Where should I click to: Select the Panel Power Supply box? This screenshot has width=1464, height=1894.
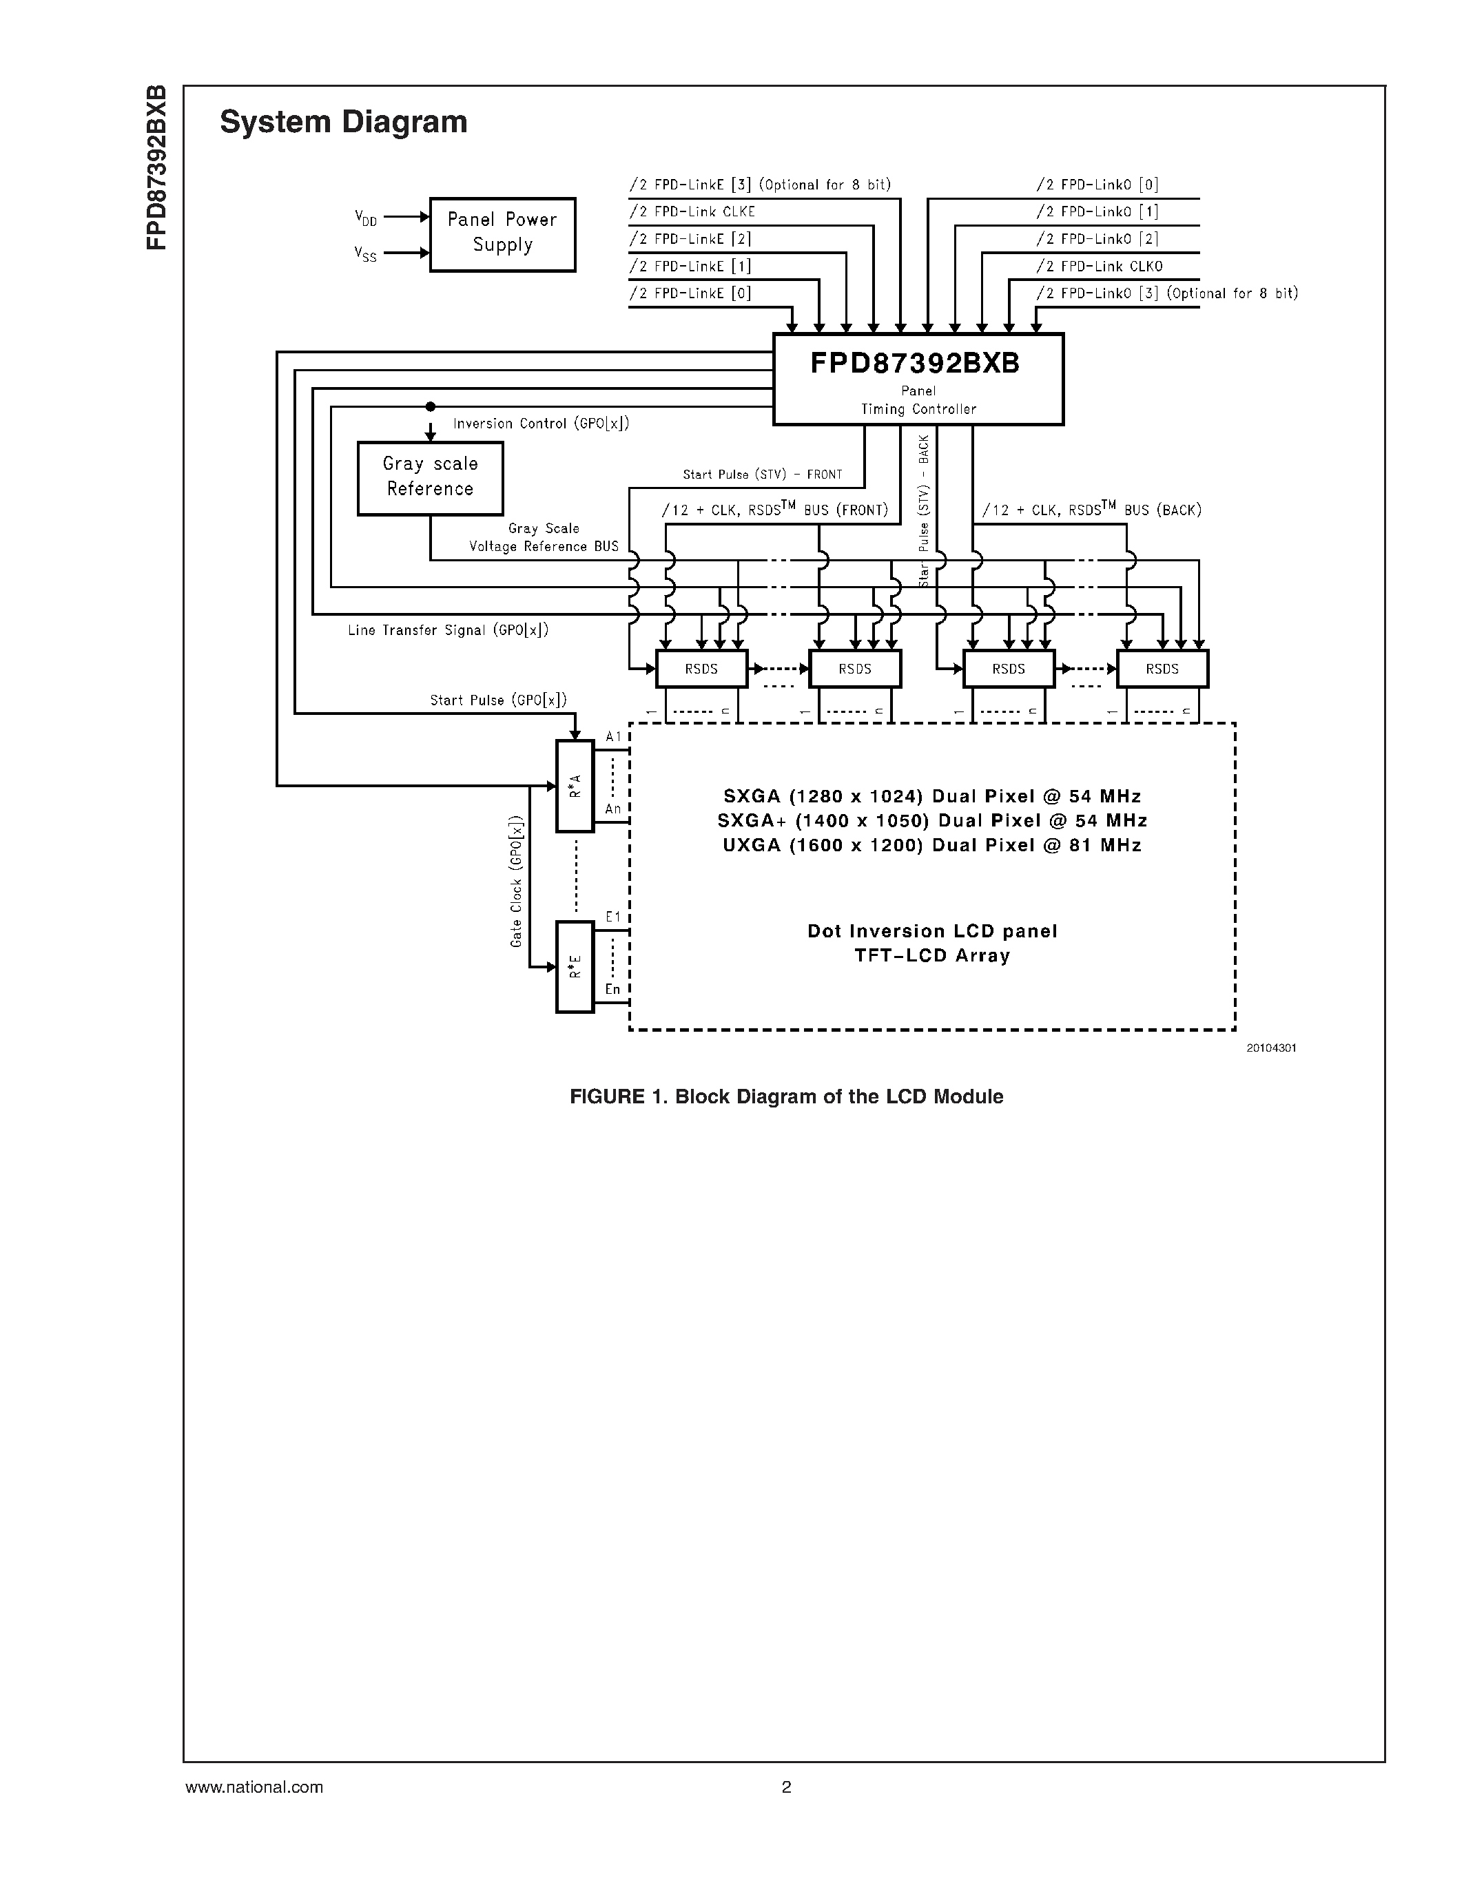[x=502, y=233]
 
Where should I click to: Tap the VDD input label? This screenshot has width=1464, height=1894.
[x=366, y=218]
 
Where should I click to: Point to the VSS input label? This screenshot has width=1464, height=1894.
[x=365, y=253]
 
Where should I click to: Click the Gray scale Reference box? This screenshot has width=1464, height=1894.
[x=430, y=478]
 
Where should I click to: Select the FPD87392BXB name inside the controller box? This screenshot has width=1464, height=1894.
[x=915, y=364]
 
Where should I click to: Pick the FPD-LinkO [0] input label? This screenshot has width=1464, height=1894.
[x=1097, y=185]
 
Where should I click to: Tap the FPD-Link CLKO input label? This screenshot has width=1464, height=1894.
[x=1099, y=267]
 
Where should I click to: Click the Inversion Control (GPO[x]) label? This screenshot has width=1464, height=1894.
[x=542, y=423]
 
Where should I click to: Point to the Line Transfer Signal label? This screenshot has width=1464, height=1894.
[x=449, y=630]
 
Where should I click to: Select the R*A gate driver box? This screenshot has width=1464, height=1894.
[x=574, y=786]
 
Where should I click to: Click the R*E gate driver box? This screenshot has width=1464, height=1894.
[x=574, y=966]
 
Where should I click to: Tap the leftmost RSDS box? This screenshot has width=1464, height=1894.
[x=701, y=669]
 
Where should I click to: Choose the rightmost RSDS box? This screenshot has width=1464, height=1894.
[x=1162, y=669]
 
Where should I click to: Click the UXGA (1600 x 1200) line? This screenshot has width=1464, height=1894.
[x=931, y=844]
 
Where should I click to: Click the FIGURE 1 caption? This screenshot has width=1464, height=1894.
[x=786, y=1096]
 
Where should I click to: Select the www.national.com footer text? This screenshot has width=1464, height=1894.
[x=254, y=1787]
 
